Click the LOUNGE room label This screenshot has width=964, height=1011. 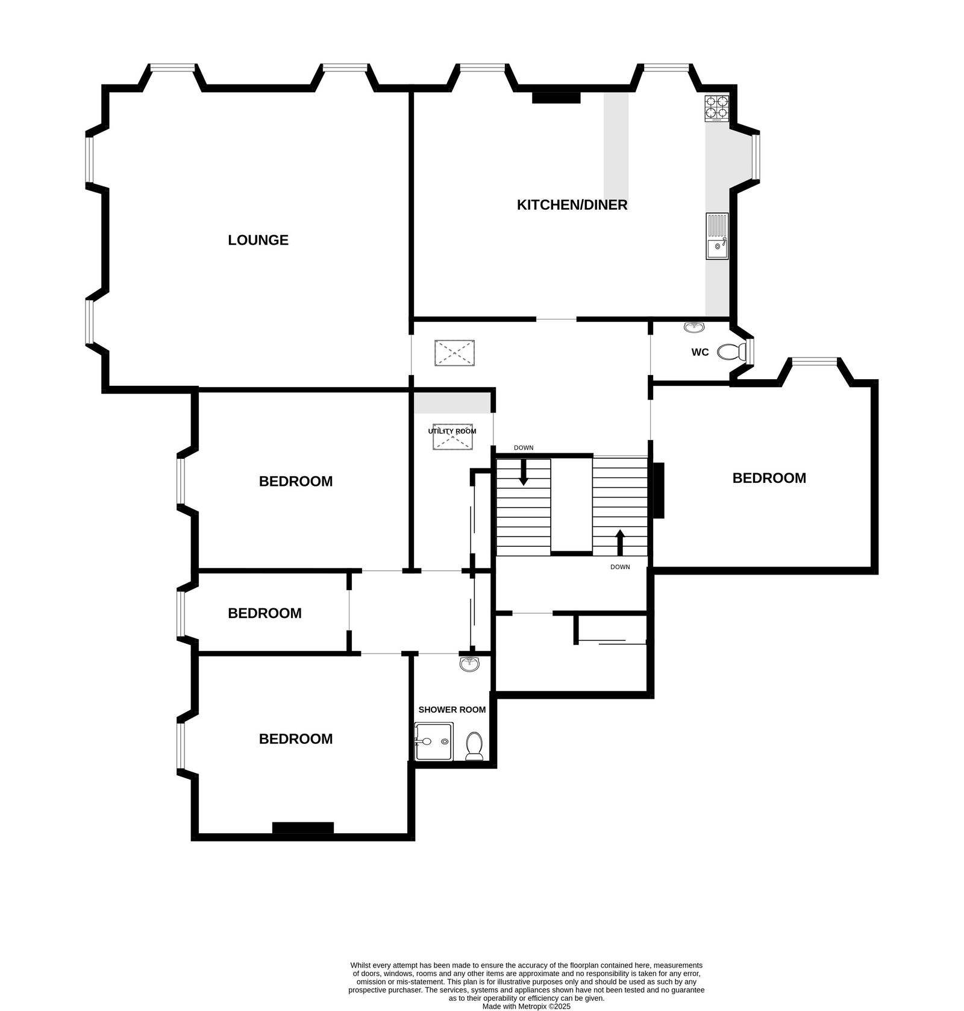click(x=258, y=240)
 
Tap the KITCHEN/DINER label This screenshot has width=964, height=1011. click(x=572, y=205)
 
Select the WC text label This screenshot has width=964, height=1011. click(x=700, y=352)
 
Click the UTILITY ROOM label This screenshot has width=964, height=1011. click(x=452, y=431)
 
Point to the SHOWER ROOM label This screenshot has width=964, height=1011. click(x=452, y=710)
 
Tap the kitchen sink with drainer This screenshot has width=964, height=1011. click(x=717, y=236)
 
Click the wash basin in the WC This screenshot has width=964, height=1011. click(x=695, y=327)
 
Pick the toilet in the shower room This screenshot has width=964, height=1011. click(x=474, y=746)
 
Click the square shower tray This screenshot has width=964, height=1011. click(x=433, y=742)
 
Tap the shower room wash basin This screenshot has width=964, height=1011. click(x=469, y=664)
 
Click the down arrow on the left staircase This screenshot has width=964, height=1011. click(x=523, y=472)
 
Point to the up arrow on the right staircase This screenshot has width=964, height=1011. click(x=619, y=541)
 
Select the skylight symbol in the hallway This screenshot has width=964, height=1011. click(x=454, y=353)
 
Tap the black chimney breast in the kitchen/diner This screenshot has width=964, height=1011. click(x=556, y=97)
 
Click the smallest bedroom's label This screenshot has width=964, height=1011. click(x=264, y=613)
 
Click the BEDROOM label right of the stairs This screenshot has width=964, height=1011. click(x=769, y=478)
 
